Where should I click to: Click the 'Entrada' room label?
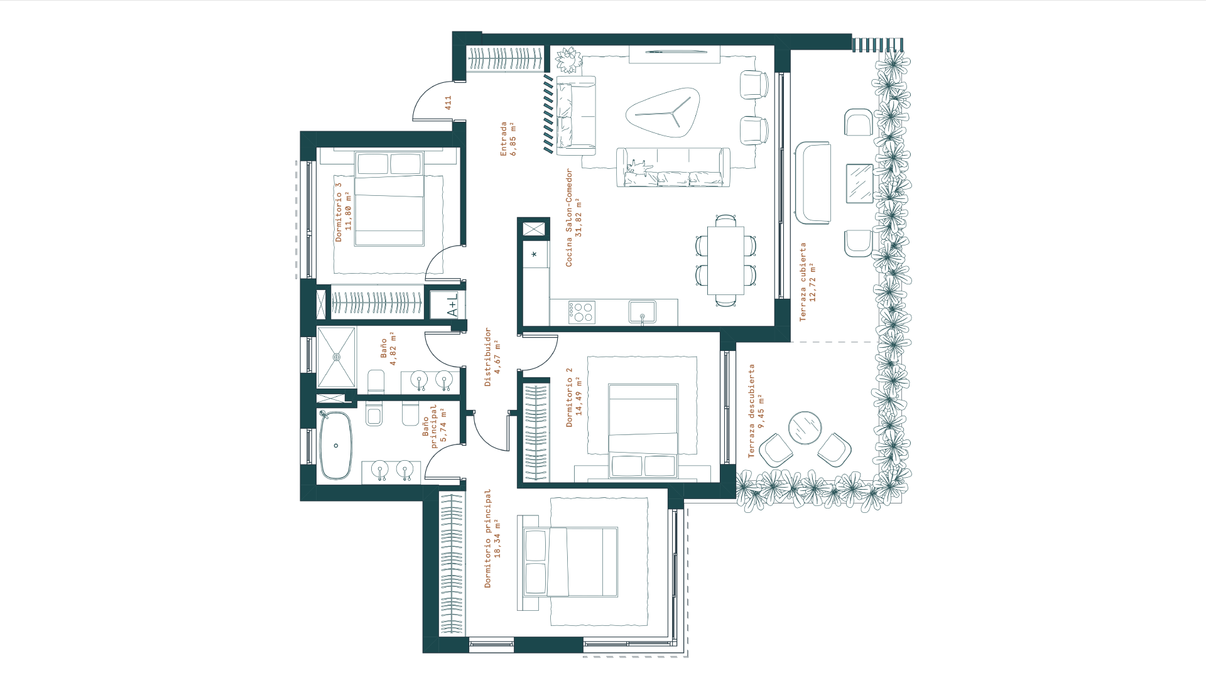tap(504, 139)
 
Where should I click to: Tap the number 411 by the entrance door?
tap(448, 102)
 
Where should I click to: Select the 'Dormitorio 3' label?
tap(339, 212)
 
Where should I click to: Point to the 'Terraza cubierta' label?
tap(803, 282)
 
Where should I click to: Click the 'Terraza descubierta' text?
tap(751, 411)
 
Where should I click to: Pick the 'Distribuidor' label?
tap(487, 357)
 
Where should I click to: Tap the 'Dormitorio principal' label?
tap(487, 539)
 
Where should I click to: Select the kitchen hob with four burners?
tap(582, 313)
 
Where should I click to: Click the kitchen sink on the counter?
tap(643, 312)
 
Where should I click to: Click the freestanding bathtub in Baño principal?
tap(336, 446)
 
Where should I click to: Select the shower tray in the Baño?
tap(337, 357)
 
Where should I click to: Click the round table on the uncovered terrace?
tap(805, 428)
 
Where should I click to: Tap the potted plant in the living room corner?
tap(569, 60)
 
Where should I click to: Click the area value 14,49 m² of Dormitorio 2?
tap(579, 397)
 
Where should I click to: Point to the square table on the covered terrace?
tap(859, 183)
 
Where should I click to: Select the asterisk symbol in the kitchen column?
tap(535, 254)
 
